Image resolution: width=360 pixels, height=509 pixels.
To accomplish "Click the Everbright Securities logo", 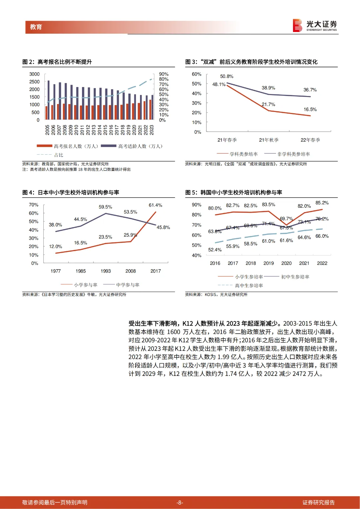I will tap(315, 25).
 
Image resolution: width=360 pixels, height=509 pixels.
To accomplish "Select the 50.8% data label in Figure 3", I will tap(227, 76).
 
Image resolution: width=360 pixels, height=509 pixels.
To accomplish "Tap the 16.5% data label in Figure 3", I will tap(310, 109).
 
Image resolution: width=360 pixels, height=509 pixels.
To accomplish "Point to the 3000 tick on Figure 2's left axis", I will tap(34, 74).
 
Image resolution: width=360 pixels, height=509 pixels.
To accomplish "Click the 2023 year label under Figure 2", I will tap(152, 130).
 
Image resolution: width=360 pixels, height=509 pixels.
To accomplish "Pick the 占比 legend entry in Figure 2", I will tap(58, 155).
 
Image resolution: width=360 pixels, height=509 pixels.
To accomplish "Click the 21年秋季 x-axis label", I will tap(269, 140).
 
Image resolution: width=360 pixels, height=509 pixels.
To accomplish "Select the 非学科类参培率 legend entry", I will tap(293, 154).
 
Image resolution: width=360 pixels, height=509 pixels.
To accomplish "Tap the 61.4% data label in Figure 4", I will tap(155, 205).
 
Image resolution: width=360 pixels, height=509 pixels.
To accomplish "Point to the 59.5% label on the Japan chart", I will tap(105, 207).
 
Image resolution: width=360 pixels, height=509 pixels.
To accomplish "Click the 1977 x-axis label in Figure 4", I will tap(56, 271).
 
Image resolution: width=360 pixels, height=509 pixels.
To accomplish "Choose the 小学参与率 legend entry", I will tap(86, 285).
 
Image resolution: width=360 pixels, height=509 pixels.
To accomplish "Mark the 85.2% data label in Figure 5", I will tap(322, 203).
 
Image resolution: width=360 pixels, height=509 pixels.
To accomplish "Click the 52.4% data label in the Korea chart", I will tap(215, 250).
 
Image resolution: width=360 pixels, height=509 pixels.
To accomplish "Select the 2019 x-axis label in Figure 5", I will tap(268, 263).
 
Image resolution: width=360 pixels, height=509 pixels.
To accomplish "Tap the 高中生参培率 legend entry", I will tap(249, 286).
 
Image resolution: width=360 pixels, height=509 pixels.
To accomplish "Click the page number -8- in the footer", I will tap(180, 503).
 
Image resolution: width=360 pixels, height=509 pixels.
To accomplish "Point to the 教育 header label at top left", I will tap(36, 27).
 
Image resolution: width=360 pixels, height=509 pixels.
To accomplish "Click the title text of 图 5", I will tap(234, 192).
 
